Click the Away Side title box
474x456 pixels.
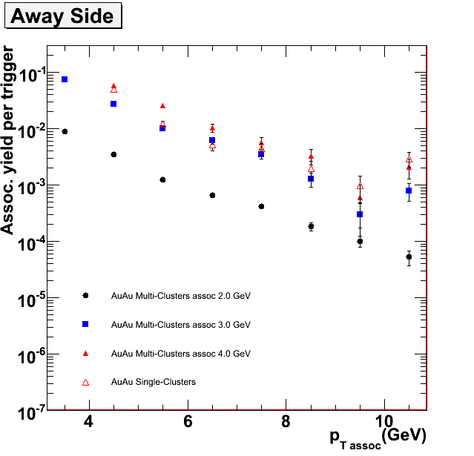(x=62, y=16)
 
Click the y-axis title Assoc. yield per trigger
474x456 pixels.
(x=9, y=140)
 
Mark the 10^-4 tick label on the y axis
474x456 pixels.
(x=27, y=242)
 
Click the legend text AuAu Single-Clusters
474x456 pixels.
(x=153, y=382)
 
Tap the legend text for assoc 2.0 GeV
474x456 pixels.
(x=181, y=296)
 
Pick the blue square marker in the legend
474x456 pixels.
(x=85, y=324)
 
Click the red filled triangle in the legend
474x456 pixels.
(x=85, y=353)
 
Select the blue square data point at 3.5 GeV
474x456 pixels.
(x=65, y=79)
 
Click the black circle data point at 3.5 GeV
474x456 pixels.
(x=65, y=131)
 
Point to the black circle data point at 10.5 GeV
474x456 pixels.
(x=409, y=257)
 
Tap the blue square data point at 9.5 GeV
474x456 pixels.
(x=360, y=214)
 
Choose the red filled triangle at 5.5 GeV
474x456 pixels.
(x=162, y=106)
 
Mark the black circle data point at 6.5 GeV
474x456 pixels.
(x=212, y=195)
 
